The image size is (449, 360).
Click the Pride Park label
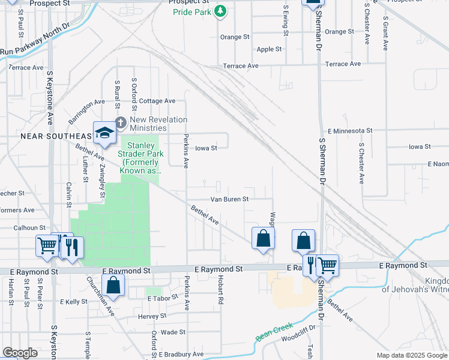(x=193, y=12)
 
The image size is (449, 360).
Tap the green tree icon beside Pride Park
(x=221, y=10)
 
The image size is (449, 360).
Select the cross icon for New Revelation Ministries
(x=120, y=123)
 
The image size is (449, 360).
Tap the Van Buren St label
(x=229, y=199)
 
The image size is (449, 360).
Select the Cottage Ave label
(x=157, y=101)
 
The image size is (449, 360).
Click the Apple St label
(x=269, y=49)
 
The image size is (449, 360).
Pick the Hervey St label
(x=151, y=316)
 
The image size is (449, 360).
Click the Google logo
(x=20, y=353)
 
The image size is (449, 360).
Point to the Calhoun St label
(x=30, y=227)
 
